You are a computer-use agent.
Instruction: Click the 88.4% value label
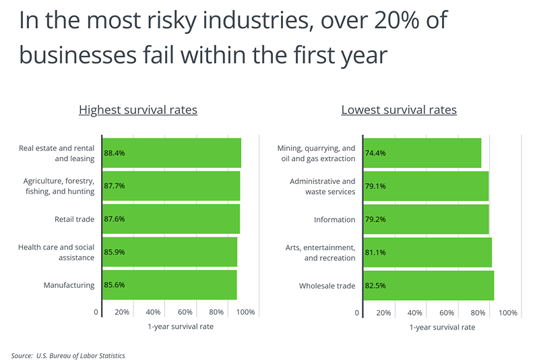pos(114,153)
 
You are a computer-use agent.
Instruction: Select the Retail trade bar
pos(171,219)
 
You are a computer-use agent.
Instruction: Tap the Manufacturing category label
pos(69,285)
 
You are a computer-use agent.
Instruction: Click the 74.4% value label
pos(376,153)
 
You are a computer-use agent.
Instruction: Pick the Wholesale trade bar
pos(429,286)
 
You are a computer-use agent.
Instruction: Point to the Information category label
pos(334,220)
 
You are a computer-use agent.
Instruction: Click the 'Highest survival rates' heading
pos(138,110)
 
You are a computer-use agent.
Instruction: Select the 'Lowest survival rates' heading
pos(399,110)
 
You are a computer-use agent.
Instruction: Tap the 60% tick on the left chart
pos(185,313)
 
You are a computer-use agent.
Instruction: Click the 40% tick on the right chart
pos(415,313)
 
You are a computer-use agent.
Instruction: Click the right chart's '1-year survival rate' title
pos(442,327)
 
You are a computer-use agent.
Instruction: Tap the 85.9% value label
pos(114,252)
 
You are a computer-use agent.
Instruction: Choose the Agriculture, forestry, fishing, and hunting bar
pos(171,186)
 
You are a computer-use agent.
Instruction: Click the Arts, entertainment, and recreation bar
pos(427,253)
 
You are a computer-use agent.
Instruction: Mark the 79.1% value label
pos(376,186)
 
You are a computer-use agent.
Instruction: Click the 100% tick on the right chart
pos(508,313)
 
